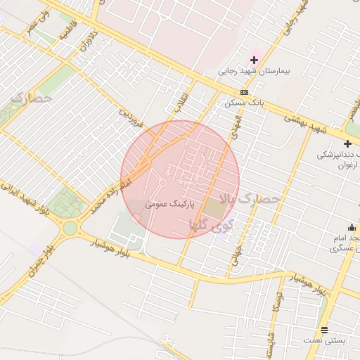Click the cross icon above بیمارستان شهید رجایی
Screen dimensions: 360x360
[254, 60]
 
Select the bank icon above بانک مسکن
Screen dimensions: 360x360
[244, 92]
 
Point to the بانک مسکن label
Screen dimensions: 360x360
[243, 103]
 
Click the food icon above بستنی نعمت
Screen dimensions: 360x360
[324, 329]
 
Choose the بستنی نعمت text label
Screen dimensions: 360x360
[325, 340]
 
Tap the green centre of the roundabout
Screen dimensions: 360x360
[70, 228]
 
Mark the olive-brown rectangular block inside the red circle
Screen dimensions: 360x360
[214, 208]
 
